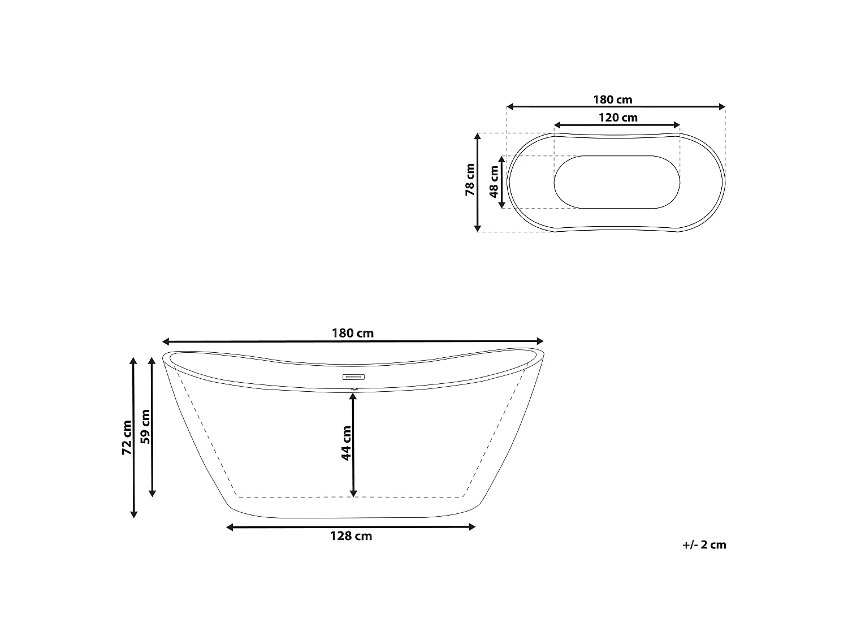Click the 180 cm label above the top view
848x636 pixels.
(x=613, y=99)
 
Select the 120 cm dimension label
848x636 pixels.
(x=618, y=118)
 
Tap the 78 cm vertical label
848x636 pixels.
(x=470, y=180)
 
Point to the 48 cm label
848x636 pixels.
(x=494, y=181)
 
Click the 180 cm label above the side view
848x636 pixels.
(x=353, y=333)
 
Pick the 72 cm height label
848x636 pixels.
(x=127, y=438)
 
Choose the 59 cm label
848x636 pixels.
(x=145, y=427)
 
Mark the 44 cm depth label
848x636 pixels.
(x=346, y=443)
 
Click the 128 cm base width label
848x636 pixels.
(x=351, y=536)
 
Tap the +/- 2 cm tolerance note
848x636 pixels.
(x=704, y=545)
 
